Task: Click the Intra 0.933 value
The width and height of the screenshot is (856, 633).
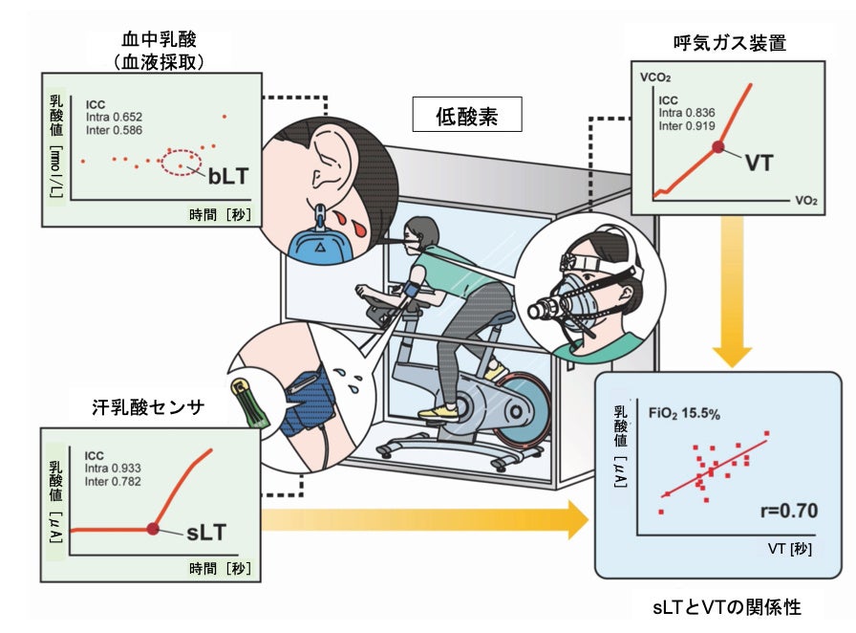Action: click(x=113, y=469)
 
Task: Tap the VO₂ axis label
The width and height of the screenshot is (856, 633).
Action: click(x=804, y=203)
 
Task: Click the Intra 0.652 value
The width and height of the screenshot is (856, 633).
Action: click(x=113, y=117)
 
